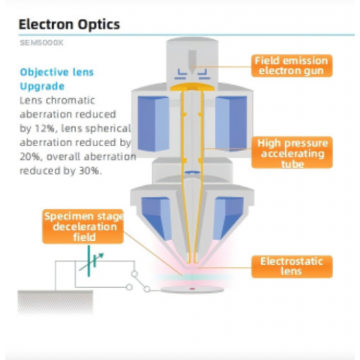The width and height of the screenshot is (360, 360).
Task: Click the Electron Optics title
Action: tap(69, 25)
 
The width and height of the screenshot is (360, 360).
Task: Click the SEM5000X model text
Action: tap(41, 43)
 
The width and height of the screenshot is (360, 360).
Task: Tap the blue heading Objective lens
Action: tap(57, 72)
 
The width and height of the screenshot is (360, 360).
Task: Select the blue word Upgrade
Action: tap(42, 86)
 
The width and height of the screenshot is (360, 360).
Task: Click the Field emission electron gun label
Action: tap(292, 66)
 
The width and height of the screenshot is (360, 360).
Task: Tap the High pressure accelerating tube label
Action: tap(292, 152)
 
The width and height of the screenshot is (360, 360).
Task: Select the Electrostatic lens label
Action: tap(292, 266)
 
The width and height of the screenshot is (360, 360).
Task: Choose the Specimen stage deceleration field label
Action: tap(83, 226)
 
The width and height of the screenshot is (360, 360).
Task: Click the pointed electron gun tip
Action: tap(192, 72)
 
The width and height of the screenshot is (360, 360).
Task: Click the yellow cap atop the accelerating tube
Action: tap(192, 87)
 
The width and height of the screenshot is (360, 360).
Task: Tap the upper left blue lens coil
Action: tap(153, 124)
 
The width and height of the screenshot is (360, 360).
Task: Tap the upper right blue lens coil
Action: tap(231, 124)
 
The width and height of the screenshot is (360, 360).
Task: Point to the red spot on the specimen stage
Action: tap(192, 289)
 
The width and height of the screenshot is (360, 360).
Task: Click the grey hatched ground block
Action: tap(55, 301)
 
